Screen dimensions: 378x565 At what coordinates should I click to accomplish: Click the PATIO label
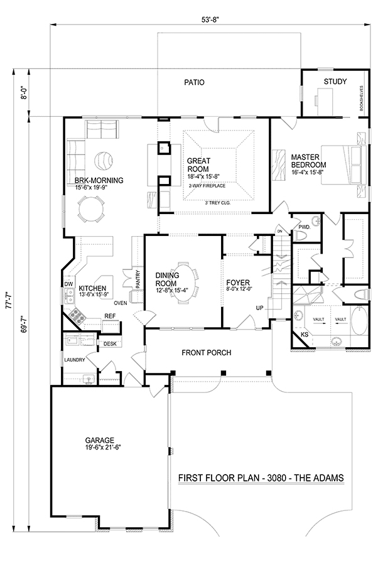pos(194,82)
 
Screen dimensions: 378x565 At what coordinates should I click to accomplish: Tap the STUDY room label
pos(335,82)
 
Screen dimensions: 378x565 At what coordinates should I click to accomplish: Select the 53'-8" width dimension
pos(210,21)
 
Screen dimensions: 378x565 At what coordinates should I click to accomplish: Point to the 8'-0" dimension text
pos(24,92)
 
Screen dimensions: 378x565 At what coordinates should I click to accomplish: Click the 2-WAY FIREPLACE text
pos(207,186)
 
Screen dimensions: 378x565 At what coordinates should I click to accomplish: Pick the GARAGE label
pos(100,440)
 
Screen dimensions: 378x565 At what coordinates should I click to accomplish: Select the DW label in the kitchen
pos(68,284)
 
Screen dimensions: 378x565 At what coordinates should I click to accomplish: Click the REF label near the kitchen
pos(110,316)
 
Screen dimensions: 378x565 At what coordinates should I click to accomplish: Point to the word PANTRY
pos(138,279)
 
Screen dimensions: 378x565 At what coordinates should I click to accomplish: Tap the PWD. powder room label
pos(304,227)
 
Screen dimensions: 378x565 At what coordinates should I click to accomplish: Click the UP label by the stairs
pos(259,308)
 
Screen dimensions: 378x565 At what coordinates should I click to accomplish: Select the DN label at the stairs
pos(279,231)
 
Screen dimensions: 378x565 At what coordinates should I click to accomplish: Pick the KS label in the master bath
pos(305,335)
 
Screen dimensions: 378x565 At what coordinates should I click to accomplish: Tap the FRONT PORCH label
pos(207,352)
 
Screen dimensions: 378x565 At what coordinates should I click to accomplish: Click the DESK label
pos(110,344)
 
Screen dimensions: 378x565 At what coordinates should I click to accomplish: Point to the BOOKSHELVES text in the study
pos(362,97)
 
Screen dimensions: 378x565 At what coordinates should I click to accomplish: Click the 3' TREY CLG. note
pos(218,203)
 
